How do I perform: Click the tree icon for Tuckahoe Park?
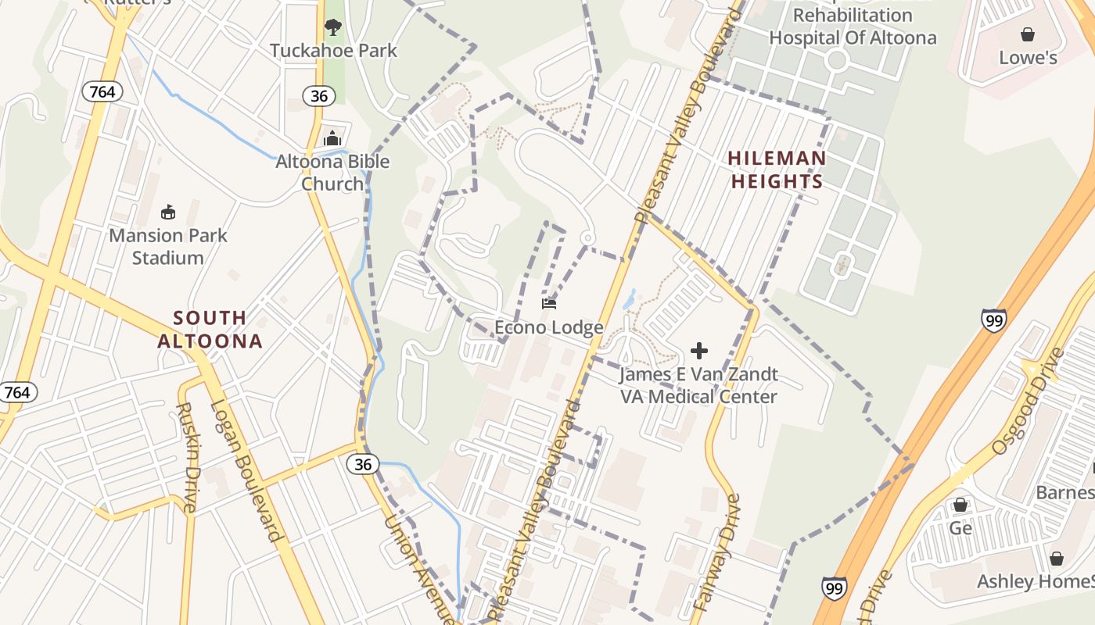(x=333, y=28)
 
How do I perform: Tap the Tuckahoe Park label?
(x=333, y=51)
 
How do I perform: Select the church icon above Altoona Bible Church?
(x=332, y=139)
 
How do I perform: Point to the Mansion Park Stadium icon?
(x=167, y=212)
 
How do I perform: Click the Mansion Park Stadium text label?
(x=167, y=246)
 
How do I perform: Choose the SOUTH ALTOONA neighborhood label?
(x=210, y=329)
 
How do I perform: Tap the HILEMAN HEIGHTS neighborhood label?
(x=777, y=170)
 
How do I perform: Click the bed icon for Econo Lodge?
(x=549, y=304)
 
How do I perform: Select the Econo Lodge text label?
(x=549, y=327)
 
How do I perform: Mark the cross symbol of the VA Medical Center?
(x=699, y=351)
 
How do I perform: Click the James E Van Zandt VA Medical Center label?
(x=699, y=385)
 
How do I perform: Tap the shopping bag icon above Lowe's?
(x=1028, y=34)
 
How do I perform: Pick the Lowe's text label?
(x=1028, y=58)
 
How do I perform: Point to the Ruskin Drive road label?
(x=187, y=458)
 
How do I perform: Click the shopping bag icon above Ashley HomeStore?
(x=1057, y=559)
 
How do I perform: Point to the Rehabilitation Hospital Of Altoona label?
(x=853, y=27)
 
